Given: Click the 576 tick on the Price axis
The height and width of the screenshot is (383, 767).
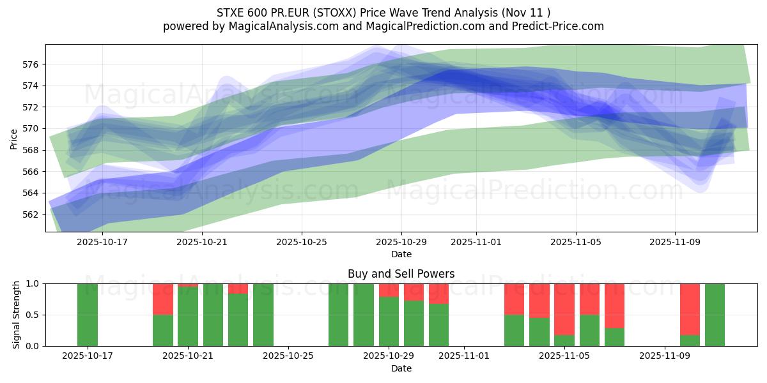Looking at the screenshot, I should coord(31,64).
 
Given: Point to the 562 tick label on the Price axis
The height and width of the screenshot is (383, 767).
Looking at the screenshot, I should coord(31,214).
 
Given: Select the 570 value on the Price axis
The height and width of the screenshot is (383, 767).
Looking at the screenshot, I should coord(31,128).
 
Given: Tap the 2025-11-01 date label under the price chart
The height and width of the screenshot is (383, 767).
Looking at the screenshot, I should coord(476,243).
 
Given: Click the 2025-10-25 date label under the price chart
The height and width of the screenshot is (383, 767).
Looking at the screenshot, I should coord(302,243).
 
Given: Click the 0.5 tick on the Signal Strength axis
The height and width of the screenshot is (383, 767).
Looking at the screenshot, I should coord(34,315).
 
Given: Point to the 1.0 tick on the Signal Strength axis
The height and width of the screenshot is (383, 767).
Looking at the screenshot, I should coord(34,283).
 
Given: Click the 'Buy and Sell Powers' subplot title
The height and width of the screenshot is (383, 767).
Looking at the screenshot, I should coord(401,274).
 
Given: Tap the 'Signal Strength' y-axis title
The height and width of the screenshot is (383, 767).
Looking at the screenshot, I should coord(17,315).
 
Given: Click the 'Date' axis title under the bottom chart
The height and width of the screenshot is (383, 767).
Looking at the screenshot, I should coord(401,368).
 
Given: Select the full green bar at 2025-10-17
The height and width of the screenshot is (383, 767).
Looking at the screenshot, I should coord(88,315).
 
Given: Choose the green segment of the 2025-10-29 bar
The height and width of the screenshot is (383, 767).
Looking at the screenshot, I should coord(389,322).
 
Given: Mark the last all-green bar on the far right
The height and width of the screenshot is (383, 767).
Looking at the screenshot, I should coord(715,315).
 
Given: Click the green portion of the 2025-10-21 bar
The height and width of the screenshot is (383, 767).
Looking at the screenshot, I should coord(188,317).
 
